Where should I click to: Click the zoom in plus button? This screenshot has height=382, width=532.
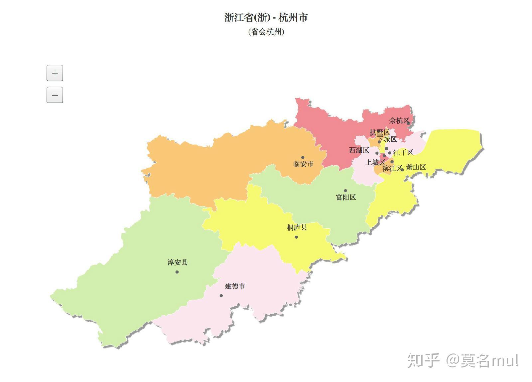[55, 73]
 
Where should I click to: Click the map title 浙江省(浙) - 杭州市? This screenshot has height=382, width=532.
[266, 17]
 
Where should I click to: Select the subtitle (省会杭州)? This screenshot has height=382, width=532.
[266, 32]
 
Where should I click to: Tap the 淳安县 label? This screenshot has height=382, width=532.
[178, 263]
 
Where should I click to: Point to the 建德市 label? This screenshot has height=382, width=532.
[235, 286]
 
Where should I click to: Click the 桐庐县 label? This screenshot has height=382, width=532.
[297, 228]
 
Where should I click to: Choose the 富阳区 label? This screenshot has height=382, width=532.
[346, 197]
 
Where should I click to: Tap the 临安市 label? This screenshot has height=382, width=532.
[303, 164]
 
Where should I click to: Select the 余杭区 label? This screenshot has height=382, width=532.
[399, 121]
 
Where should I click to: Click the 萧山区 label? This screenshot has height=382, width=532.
[416, 167]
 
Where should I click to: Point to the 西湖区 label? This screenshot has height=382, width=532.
[359, 150]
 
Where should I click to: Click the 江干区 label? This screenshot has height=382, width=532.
[403, 152]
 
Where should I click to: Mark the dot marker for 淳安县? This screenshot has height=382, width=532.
[177, 272]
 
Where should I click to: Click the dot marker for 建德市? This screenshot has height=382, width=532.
[221, 295]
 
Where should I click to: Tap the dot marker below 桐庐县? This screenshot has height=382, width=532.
[296, 237]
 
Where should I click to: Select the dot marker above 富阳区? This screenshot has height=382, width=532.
[345, 191]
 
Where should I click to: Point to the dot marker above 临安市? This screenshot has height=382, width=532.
[303, 157]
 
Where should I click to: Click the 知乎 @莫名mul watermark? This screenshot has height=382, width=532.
[463, 360]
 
